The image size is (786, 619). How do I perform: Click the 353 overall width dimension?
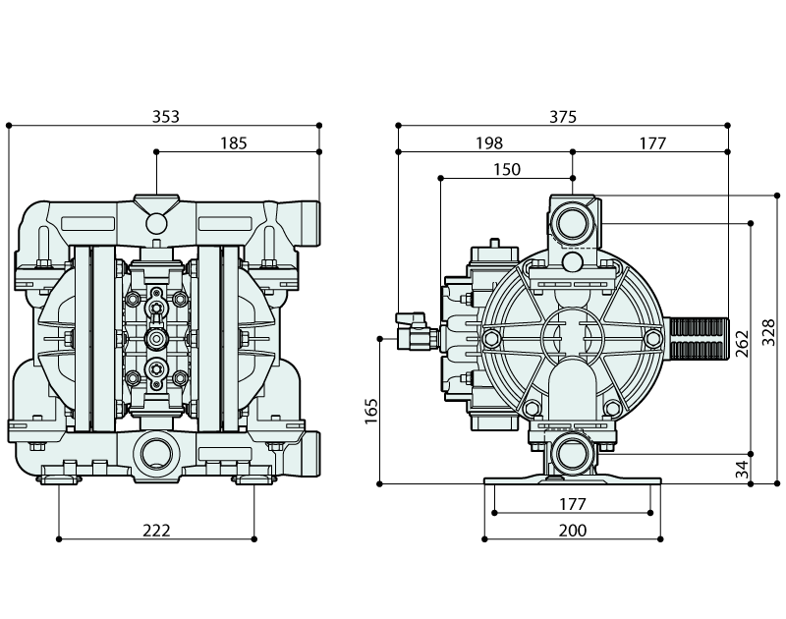click(165, 117)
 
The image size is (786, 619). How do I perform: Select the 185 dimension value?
click(233, 143)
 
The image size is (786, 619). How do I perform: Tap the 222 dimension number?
click(156, 530)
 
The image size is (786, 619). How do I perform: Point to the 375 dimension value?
click(562, 117)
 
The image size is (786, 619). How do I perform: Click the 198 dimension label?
click(488, 143)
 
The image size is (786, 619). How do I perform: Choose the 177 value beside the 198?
click(651, 143)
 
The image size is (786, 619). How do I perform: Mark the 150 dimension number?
click(506, 170)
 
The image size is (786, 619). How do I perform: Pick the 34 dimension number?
click(743, 469)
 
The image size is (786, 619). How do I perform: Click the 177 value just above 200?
click(572, 504)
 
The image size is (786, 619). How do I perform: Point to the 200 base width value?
click(572, 531)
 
